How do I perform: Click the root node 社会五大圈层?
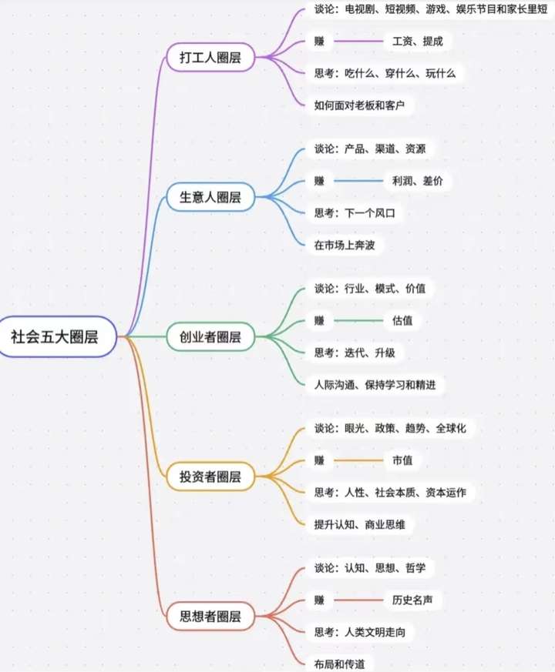tap(55, 336)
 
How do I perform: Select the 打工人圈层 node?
tap(210, 57)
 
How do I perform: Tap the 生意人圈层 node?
tap(210, 197)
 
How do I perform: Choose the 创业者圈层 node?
tap(210, 336)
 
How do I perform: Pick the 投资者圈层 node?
tap(210, 476)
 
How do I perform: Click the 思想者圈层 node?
tap(210, 616)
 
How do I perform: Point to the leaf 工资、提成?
tap(418, 41)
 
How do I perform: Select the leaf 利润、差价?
tap(417, 181)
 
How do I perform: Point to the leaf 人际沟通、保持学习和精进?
tap(375, 384)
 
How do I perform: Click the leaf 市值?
tap(402, 460)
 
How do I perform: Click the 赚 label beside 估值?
tap(319, 320)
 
